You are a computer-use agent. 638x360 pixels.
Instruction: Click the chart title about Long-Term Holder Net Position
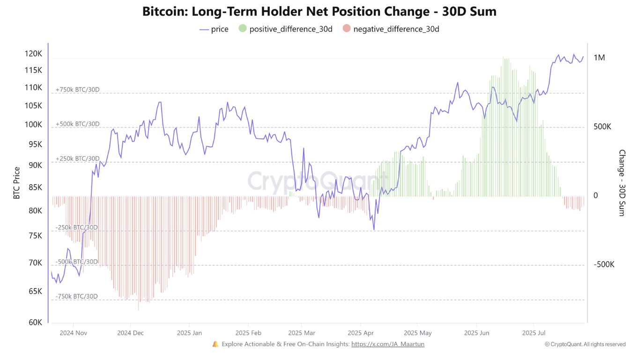pos(319,12)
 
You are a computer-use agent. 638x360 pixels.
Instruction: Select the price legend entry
pos(214,29)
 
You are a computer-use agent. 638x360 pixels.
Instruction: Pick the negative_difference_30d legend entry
pos(391,29)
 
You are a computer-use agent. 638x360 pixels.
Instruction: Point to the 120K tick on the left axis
pos(33,54)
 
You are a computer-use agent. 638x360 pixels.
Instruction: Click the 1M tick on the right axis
pos(599,58)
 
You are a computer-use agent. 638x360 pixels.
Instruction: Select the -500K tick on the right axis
pos(604,264)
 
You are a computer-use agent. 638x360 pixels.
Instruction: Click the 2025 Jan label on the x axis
pos(189,333)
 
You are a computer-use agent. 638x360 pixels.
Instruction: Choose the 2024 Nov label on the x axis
pos(73,333)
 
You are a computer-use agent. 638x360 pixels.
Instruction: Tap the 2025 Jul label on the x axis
pos(534,333)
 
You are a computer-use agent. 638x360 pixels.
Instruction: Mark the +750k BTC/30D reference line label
pos(78,90)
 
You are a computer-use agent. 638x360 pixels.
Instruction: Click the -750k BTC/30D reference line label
pos(77,296)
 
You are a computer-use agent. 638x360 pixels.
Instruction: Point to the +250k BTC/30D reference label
pos(78,158)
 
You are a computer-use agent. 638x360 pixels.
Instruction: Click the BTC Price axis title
pos(17,183)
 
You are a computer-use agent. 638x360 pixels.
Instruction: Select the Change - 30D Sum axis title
pos(622,183)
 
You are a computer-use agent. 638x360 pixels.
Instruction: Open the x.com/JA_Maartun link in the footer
pos(387,344)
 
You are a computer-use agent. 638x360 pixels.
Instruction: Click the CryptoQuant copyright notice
pos(585,344)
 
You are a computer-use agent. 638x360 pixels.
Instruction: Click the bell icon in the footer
pos(215,344)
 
